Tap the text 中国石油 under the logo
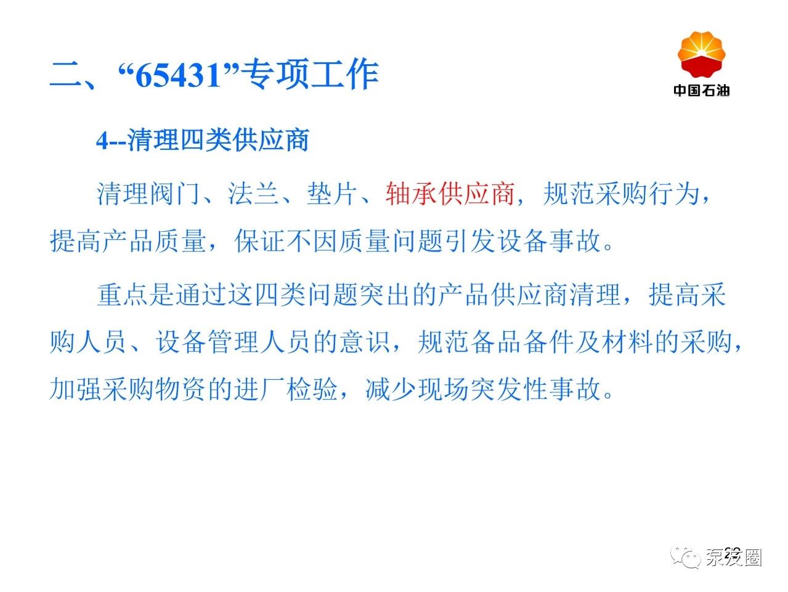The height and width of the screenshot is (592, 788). point(701,90)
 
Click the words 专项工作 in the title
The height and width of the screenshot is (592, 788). point(310,75)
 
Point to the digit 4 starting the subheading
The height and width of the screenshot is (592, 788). point(102,141)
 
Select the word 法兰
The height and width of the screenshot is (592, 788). point(254,194)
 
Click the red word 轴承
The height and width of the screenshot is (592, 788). point(412,194)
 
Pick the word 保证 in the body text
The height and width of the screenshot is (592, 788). point(260,240)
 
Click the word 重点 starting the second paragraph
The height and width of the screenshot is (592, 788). point(123,295)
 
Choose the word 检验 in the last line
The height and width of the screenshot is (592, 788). point(312,389)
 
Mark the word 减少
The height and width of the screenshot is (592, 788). point(391,389)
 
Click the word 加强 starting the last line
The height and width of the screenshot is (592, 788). point(75,389)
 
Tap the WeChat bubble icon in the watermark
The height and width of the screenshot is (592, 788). point(685,558)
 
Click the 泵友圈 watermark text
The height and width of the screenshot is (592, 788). point(734,558)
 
